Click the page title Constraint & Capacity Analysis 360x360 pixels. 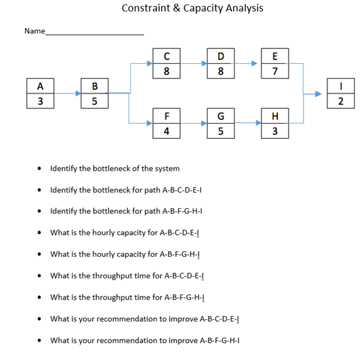pos(192,8)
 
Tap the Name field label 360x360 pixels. pos(34,31)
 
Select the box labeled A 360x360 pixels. pos(40,93)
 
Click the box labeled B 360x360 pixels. pos(94,93)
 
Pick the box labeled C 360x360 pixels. pos(166,63)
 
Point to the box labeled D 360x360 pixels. pos(220,63)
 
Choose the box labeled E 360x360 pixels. pos(275,63)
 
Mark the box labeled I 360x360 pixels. pos(340,93)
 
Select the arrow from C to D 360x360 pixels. pos(194,63)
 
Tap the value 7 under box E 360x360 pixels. pos(275,70)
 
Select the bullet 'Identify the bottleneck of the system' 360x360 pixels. pos(115,168)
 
